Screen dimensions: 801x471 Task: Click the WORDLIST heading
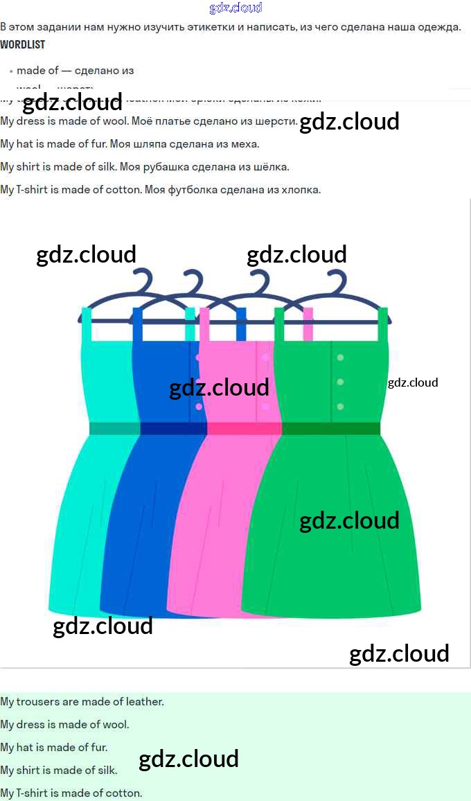pos(23,44)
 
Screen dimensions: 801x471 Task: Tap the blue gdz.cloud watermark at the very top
pos(235,8)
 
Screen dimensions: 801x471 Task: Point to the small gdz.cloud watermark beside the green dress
pos(413,382)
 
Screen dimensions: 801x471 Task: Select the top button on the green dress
pos(340,358)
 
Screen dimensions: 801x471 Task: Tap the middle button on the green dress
pos(340,382)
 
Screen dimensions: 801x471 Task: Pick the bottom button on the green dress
pos(340,407)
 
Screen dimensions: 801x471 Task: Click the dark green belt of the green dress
pos(331,428)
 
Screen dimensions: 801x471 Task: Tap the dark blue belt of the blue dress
pos(173,428)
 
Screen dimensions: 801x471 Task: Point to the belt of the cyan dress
pos(114,428)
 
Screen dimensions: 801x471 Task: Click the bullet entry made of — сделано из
pos(75,71)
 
